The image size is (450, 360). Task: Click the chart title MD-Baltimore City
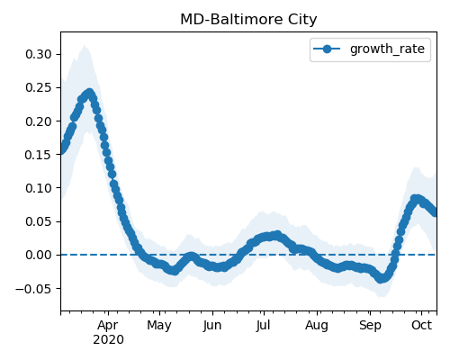tap(248, 20)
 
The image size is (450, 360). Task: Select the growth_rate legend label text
tap(387, 49)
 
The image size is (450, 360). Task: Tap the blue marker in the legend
tap(327, 49)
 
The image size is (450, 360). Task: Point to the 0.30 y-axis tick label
tap(39, 54)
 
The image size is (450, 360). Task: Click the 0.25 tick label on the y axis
tap(39, 87)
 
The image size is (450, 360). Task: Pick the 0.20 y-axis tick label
tap(39, 121)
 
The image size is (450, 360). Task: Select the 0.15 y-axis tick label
tap(39, 155)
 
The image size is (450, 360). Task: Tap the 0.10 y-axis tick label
tap(39, 188)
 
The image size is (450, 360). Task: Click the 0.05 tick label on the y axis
tap(39, 221)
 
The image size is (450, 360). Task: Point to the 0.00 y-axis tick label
tap(39, 255)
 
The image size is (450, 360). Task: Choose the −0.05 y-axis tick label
tap(34, 289)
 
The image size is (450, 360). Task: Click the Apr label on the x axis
tap(108, 325)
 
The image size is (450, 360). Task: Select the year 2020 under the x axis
tap(108, 339)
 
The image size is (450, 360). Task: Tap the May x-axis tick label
tap(159, 326)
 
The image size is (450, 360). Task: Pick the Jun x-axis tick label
tap(212, 325)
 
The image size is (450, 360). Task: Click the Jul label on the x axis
tap(263, 325)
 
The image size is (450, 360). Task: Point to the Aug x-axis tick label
tap(317, 326)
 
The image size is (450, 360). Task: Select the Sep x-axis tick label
tap(370, 326)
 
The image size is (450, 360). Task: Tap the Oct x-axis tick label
tap(421, 325)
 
